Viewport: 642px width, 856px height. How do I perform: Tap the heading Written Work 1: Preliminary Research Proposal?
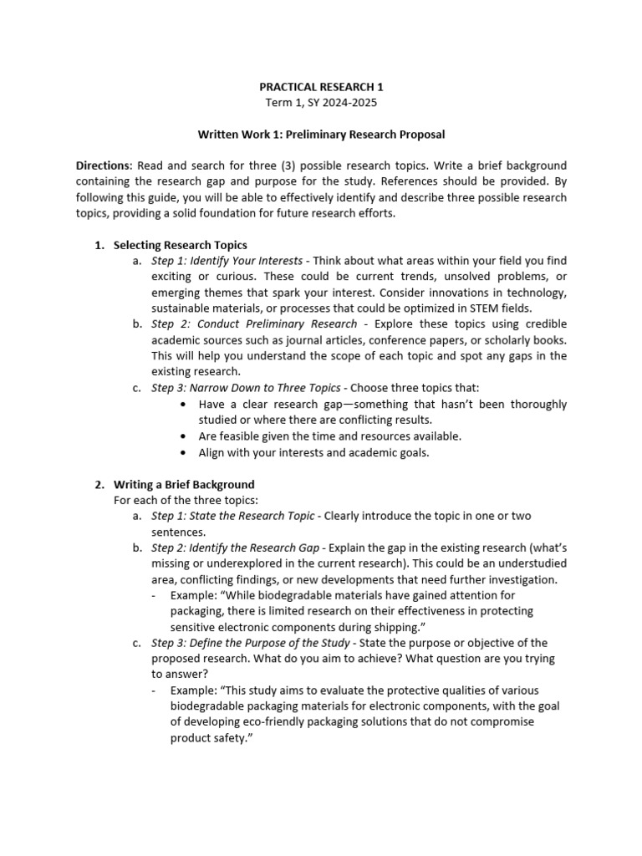320,134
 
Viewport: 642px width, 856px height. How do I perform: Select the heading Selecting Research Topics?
180,245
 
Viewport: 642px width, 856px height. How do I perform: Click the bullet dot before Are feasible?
183,436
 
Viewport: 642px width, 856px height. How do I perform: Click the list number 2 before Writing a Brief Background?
98,484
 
